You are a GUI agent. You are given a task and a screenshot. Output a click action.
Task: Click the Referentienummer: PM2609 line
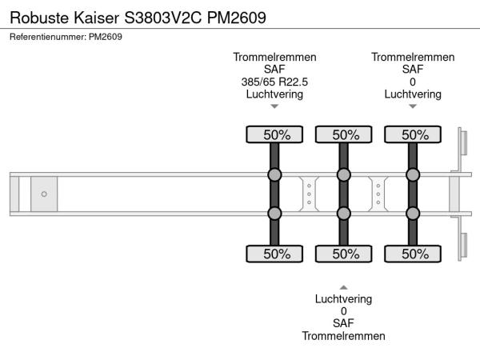[66, 37]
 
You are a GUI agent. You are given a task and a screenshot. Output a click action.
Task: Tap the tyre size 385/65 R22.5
[274, 82]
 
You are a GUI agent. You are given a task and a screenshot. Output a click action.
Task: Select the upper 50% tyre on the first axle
[274, 135]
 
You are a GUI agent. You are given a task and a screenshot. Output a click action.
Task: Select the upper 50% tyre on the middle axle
[344, 135]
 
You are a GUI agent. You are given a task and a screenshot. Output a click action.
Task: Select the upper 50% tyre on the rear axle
[413, 135]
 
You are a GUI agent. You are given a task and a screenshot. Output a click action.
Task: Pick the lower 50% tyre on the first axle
[274, 254]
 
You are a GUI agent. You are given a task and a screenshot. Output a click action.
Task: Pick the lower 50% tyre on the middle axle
[344, 254]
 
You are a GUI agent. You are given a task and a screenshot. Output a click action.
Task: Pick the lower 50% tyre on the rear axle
[413, 254]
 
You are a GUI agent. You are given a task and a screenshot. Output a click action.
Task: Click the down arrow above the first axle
[274, 106]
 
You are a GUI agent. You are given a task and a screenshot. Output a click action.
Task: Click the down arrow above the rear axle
[413, 106]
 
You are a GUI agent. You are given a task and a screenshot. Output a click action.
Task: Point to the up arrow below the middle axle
[344, 286]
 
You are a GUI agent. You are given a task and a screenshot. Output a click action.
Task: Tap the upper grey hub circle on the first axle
[274, 175]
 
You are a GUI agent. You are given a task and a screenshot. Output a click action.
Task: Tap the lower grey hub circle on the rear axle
[413, 213]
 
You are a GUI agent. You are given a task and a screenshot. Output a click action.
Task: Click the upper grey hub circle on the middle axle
[344, 175]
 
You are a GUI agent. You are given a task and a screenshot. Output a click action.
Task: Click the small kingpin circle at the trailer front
[44, 194]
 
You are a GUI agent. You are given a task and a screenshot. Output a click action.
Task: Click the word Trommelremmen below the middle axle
[344, 336]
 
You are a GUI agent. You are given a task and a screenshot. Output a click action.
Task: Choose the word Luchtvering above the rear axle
[413, 94]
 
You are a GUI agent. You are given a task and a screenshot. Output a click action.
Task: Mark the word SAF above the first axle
[274, 70]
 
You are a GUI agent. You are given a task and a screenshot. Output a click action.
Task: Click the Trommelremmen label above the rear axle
[413, 57]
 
